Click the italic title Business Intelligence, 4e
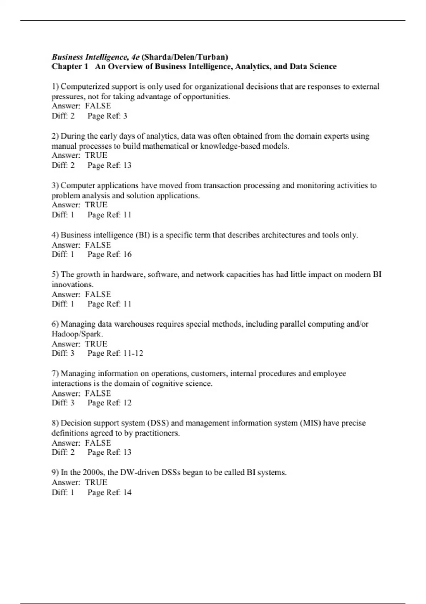pos(95,57)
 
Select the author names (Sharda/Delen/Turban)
pos(185,57)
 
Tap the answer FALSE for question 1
pos(98,106)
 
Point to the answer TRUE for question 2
pos(96,155)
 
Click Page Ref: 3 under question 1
pos(107,116)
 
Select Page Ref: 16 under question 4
pos(109,254)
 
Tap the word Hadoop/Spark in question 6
pos(77,334)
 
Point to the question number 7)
pos(55,373)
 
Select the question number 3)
pos(55,185)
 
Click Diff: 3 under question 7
pos(63,403)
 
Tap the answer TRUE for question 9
pos(96,482)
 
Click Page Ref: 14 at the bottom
pos(109,492)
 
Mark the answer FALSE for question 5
pos(98,295)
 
